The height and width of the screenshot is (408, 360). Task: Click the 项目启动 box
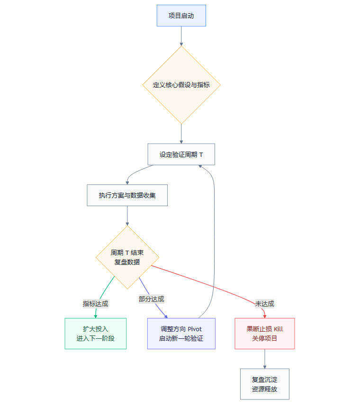(181, 16)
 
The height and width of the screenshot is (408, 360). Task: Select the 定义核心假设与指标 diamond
(181, 85)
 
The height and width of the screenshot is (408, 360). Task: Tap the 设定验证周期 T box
(181, 154)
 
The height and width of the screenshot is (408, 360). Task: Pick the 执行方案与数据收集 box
(127, 195)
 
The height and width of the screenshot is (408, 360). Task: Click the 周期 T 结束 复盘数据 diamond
(127, 257)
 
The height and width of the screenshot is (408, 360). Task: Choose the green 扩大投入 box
(95, 334)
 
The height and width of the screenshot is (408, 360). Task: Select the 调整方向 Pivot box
(181, 334)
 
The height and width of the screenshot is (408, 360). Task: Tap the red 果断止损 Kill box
(264, 334)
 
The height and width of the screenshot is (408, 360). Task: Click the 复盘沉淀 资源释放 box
(264, 384)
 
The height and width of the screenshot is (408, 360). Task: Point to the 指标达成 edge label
(95, 304)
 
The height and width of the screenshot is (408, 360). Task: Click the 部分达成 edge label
(151, 299)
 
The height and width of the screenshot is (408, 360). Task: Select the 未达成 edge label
(264, 304)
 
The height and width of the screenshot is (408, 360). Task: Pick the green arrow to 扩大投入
(105, 289)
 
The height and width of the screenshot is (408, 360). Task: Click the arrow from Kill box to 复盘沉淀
(264, 359)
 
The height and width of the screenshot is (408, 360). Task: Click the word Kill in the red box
(278, 329)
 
